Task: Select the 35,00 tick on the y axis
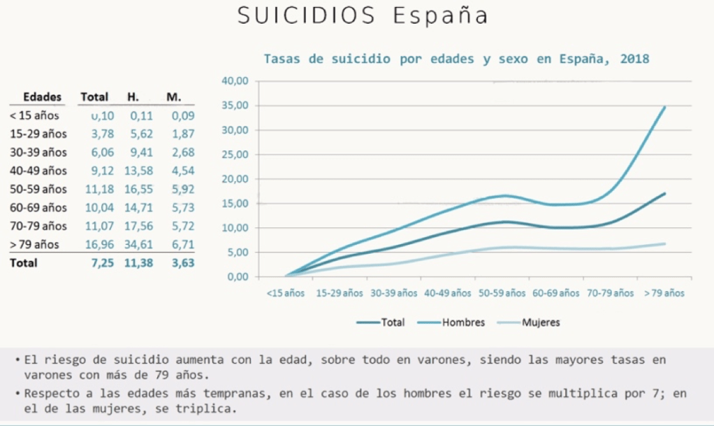235,106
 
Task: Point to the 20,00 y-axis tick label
235,179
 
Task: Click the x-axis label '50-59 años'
502,293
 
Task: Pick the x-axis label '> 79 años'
664,293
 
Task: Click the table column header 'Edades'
43,97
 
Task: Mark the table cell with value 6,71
182,245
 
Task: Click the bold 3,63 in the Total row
182,263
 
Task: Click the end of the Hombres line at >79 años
664,107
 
